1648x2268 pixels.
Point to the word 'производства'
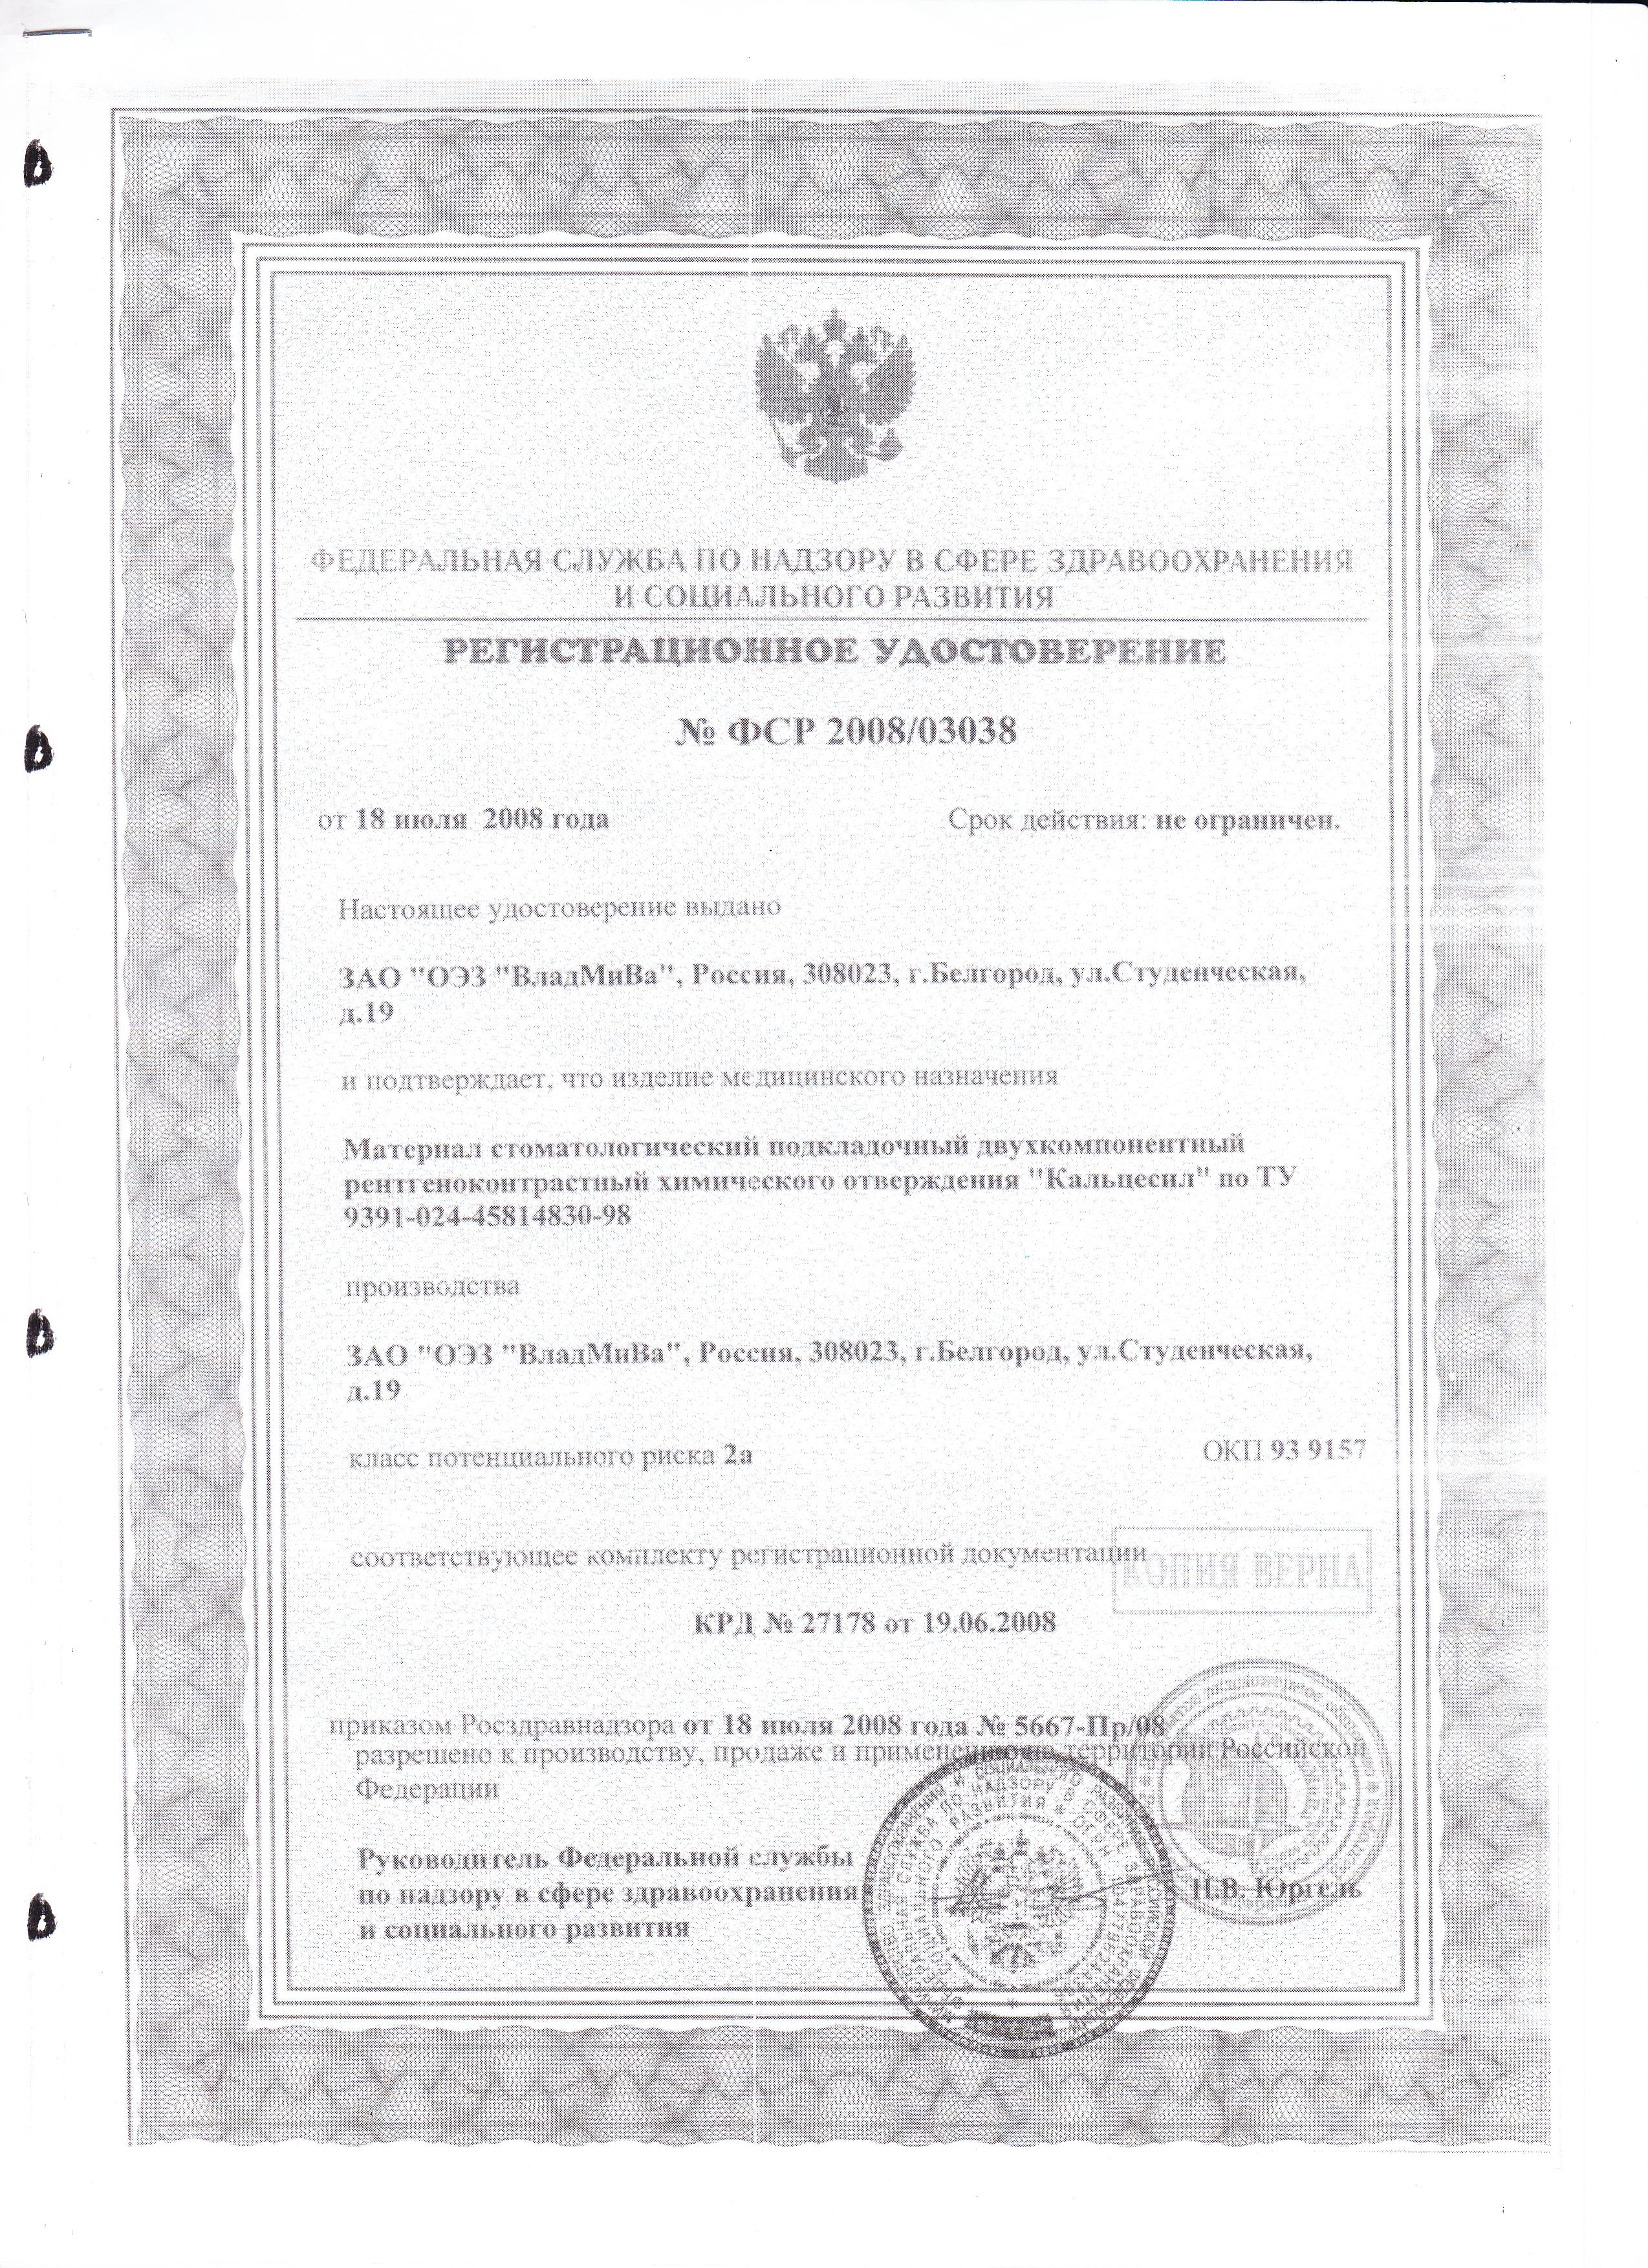point(432,1286)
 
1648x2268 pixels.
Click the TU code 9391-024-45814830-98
point(488,1215)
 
